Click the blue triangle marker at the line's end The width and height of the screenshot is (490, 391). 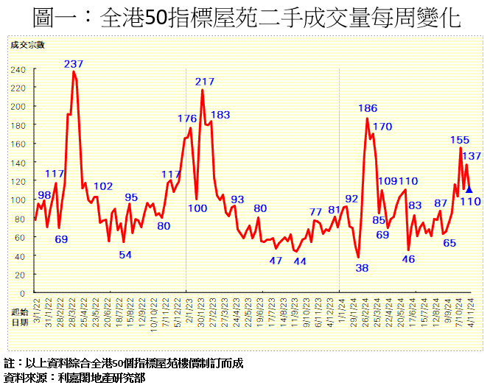coord(469,189)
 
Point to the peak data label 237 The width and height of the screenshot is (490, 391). coord(74,64)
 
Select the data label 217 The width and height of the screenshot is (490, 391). coord(205,82)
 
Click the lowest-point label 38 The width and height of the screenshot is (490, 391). coord(361,268)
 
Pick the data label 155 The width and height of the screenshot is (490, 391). coord(460,140)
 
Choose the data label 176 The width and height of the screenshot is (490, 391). coord(188,119)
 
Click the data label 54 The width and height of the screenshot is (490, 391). coord(125,255)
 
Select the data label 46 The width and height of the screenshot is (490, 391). coord(408,258)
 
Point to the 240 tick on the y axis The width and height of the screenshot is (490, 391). coord(18,70)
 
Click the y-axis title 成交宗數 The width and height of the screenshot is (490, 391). coord(27,46)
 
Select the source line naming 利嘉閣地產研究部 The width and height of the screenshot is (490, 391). coord(74,378)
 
